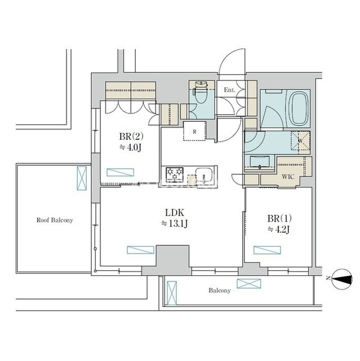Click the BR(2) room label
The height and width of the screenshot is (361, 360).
pos(131,137)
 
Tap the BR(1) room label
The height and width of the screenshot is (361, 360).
pos(279,218)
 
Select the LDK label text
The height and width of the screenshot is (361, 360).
pos(175,213)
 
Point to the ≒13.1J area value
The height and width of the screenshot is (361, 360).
pos(175,224)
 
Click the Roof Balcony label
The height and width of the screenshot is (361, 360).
pos(55,220)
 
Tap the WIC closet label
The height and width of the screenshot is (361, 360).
pos(288,177)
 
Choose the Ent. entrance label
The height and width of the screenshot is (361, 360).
pos(230,90)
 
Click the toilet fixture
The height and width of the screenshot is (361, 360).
pos(201,94)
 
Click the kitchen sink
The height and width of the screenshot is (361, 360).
pos(205,176)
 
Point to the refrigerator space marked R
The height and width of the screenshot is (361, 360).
pos(194,131)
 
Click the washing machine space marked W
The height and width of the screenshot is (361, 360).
pos(300,141)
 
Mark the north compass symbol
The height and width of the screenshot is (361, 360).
pos(342,279)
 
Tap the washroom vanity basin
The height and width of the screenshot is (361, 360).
pos(259,163)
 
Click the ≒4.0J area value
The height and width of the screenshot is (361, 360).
pos(130,148)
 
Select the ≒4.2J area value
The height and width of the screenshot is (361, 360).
pos(279,230)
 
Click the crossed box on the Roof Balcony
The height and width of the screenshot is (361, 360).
pos(82,178)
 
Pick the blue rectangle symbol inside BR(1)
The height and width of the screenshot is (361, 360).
pos(267,250)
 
